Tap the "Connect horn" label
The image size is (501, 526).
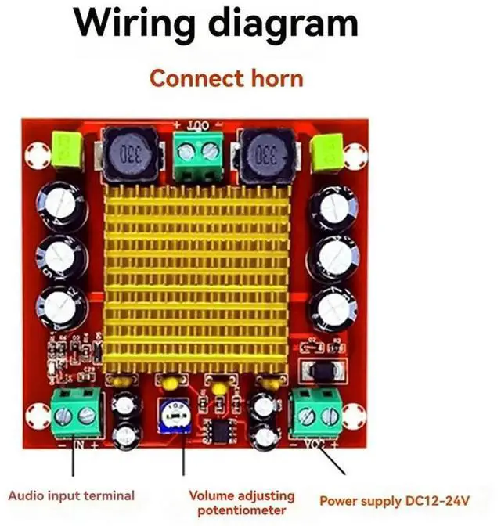[x=226, y=78]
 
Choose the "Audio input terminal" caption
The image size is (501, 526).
[x=71, y=495]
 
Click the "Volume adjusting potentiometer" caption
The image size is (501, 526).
[x=242, y=503]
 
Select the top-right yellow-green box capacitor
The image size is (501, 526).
[x=326, y=150]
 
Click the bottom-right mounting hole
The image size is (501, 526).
[x=355, y=414]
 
